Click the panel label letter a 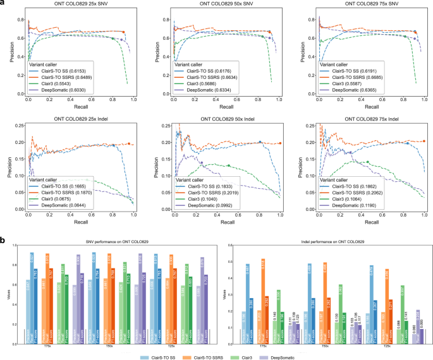(3, 4)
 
